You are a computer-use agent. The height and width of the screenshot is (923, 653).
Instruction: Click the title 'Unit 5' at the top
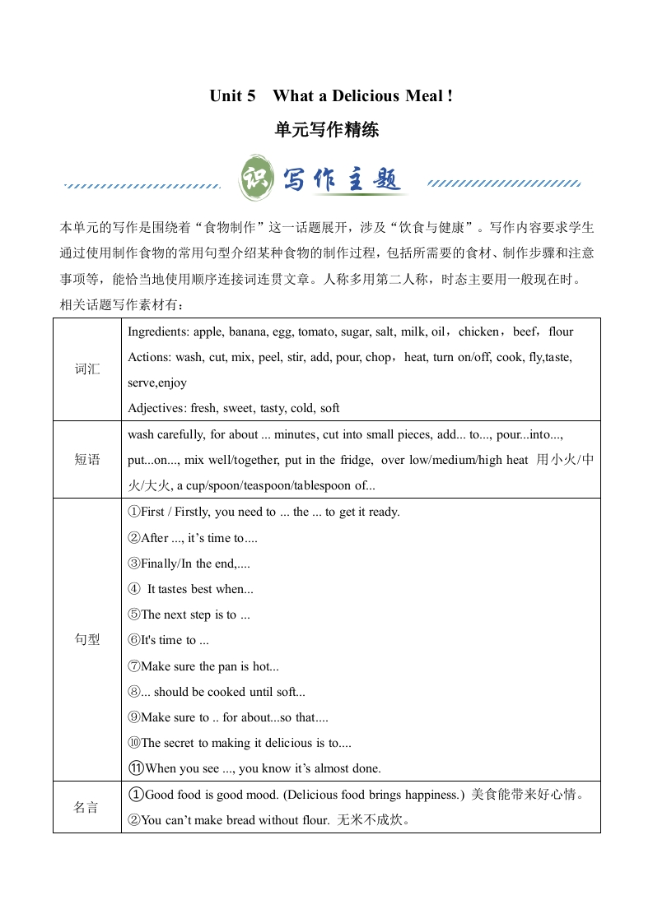[232, 96]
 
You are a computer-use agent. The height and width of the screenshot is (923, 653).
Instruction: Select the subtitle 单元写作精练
[327, 130]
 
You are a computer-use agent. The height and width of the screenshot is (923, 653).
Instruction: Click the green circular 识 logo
[255, 178]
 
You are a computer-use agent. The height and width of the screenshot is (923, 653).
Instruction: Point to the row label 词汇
[87, 369]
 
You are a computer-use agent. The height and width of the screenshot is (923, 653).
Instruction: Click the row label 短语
[87, 460]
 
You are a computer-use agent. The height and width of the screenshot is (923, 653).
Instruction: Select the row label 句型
[87, 639]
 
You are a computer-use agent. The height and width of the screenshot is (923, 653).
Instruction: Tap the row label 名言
[87, 807]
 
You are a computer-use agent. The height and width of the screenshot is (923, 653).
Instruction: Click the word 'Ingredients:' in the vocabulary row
[156, 332]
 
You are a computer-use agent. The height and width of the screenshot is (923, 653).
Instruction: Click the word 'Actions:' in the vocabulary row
[149, 357]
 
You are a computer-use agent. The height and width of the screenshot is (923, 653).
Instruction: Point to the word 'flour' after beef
[561, 332]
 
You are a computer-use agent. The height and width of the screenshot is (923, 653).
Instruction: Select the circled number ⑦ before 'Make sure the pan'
[134, 666]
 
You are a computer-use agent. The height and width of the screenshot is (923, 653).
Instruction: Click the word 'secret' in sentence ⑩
[180, 743]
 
